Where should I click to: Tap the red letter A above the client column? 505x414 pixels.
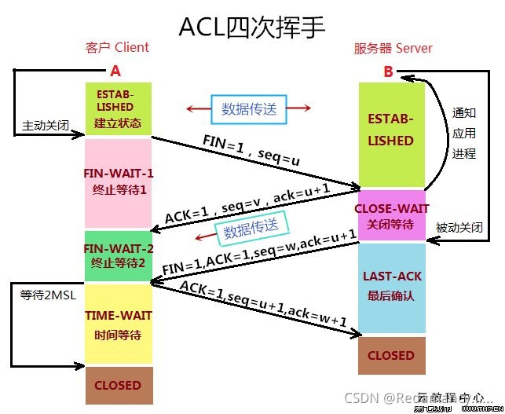pyautogui.click(x=115, y=71)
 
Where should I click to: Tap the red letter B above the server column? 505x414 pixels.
pyautogui.click(x=388, y=71)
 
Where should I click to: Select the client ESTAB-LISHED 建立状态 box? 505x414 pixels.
pyautogui.click(x=118, y=108)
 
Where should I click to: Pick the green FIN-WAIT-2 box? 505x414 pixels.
pyautogui.click(x=118, y=255)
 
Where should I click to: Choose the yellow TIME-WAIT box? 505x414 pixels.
pyautogui.click(x=118, y=324)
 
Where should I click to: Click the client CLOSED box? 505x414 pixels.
pyautogui.click(x=118, y=385)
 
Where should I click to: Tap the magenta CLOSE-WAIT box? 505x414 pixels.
pyautogui.click(x=390, y=216)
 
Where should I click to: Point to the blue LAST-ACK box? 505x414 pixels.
pyautogui.click(x=390, y=287)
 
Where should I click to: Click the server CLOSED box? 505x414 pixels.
pyautogui.click(x=390, y=355)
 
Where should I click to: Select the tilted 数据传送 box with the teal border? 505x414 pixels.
pyautogui.click(x=251, y=229)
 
